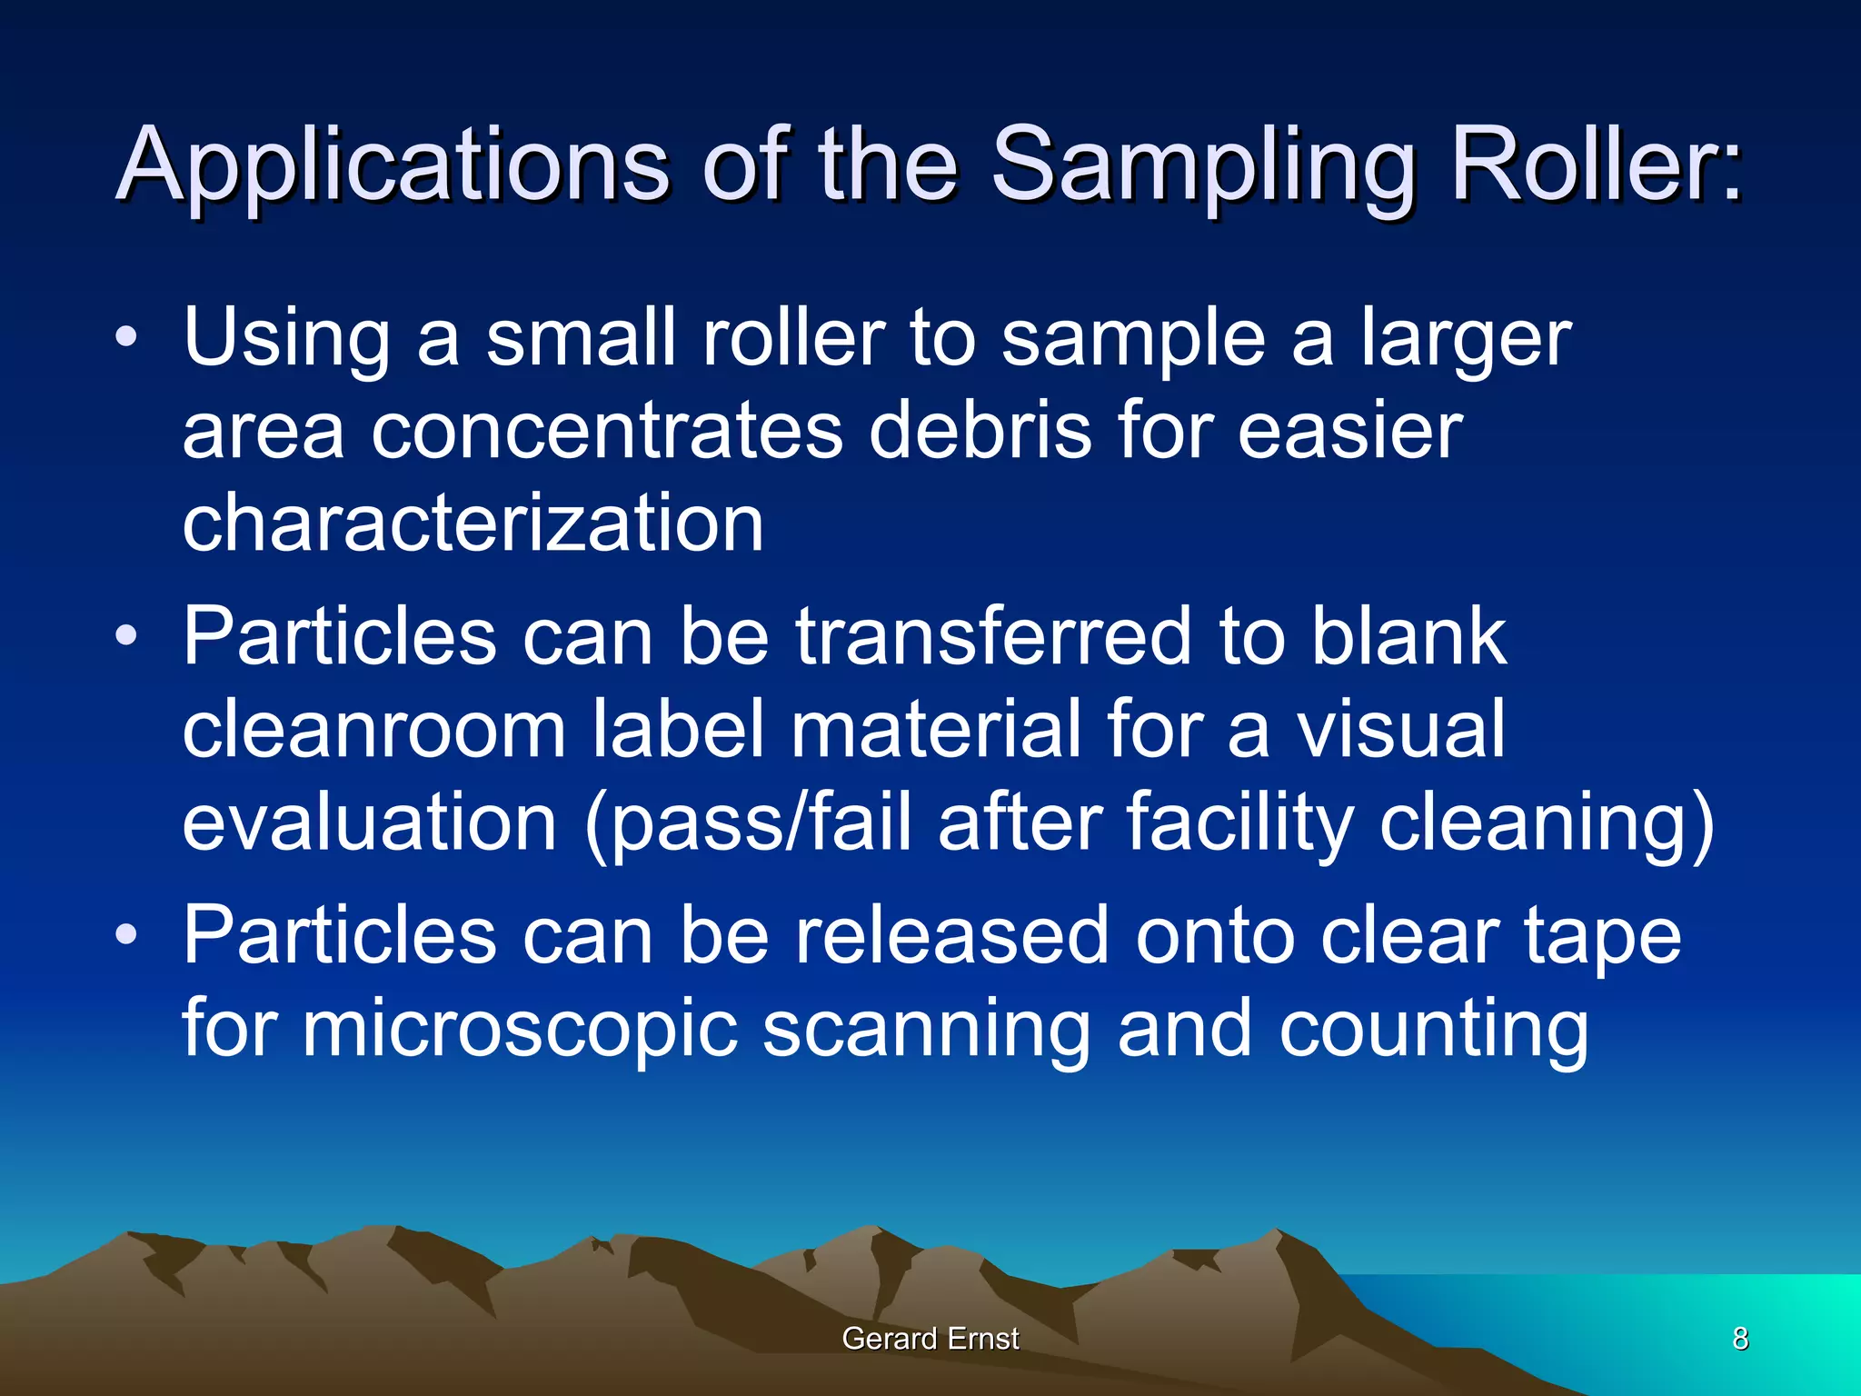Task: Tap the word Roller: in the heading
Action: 1596,165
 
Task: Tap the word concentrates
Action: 606,432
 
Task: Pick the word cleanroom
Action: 374,730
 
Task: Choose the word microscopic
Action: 519,1031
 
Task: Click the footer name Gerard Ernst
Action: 930,1339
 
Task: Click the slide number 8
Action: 1740,1339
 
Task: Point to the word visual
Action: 1400,730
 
